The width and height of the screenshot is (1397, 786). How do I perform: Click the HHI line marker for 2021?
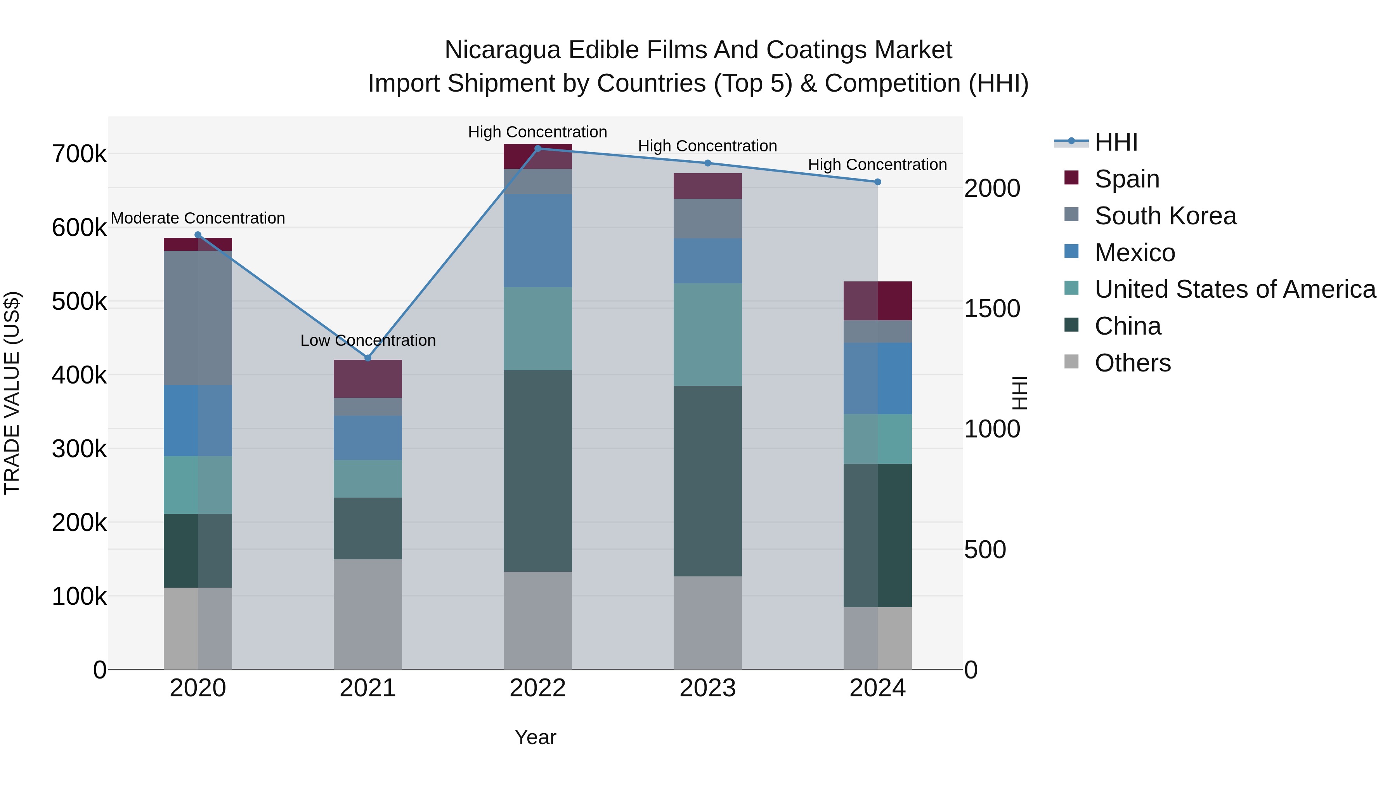pyautogui.click(x=368, y=358)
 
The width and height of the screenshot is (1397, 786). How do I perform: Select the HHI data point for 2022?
pyautogui.click(x=538, y=149)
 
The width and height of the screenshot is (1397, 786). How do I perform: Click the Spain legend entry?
pyautogui.click(x=1127, y=179)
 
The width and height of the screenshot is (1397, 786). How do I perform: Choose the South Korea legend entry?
pyautogui.click(x=1165, y=216)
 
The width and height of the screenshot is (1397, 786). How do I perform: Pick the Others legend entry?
pyautogui.click(x=1132, y=363)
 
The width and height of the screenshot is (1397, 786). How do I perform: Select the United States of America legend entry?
pyautogui.click(x=1235, y=289)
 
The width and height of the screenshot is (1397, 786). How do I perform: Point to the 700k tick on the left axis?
pyautogui.click(x=79, y=154)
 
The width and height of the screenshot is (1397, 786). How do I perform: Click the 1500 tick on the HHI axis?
pyautogui.click(x=992, y=309)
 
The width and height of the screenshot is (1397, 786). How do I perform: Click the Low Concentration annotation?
pyautogui.click(x=368, y=341)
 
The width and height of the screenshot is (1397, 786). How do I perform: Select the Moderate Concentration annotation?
pyautogui.click(x=198, y=218)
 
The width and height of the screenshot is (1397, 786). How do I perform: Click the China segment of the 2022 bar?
pyautogui.click(x=537, y=471)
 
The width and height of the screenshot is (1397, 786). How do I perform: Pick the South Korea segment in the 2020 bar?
pyautogui.click(x=198, y=318)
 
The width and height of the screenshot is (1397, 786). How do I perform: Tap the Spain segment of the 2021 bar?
pyautogui.click(x=368, y=378)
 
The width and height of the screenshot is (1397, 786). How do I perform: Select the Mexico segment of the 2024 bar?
pyautogui.click(x=877, y=378)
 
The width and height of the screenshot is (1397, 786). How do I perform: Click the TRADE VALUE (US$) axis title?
pyautogui.click(x=12, y=393)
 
